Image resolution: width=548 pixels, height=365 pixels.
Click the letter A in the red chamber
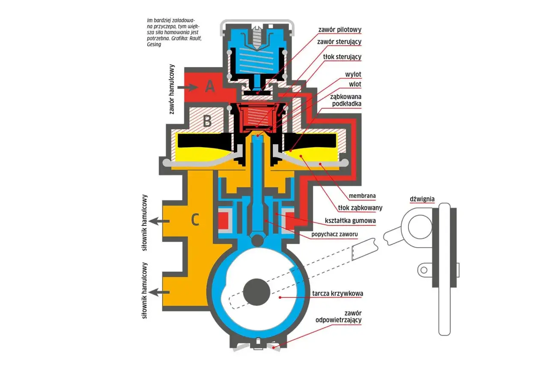coord(209,87)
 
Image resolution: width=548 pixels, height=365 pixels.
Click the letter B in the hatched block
coord(207,122)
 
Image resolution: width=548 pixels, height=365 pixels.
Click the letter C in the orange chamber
coord(195,220)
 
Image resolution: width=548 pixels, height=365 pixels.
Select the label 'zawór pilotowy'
coord(340,30)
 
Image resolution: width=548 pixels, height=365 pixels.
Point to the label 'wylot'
coord(353,74)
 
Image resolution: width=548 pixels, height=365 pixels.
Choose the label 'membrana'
coord(362,196)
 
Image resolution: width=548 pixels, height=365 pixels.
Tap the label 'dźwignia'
coord(422,199)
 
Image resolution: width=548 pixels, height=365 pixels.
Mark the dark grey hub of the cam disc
coord(256,292)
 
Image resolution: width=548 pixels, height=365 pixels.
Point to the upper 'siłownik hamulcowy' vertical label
coord(145,222)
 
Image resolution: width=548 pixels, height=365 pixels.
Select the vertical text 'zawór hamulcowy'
coord(172,89)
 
